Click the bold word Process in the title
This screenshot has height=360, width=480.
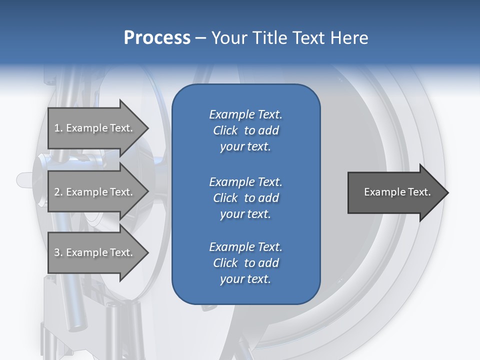click(157, 38)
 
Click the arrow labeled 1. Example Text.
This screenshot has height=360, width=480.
click(98, 128)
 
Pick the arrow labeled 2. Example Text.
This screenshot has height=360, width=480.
click(98, 191)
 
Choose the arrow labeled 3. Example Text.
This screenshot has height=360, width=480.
click(98, 252)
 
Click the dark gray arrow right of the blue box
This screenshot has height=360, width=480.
click(398, 192)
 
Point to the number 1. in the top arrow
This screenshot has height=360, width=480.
click(58, 128)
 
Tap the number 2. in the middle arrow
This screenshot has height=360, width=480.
click(58, 192)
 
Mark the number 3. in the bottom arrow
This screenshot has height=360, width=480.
click(58, 252)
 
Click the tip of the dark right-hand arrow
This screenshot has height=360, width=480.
click(448, 192)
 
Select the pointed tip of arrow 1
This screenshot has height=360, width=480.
click(148, 128)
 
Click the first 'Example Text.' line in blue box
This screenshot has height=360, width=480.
click(246, 114)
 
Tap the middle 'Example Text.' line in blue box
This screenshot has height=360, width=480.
click(246, 182)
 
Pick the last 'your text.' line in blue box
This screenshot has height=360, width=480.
click(245, 279)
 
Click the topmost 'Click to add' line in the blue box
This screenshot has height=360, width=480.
click(246, 130)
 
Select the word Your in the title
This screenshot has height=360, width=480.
click(229, 37)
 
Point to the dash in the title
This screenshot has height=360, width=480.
click(201, 39)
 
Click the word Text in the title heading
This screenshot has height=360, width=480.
click(308, 37)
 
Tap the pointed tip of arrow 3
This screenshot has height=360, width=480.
click(148, 252)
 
